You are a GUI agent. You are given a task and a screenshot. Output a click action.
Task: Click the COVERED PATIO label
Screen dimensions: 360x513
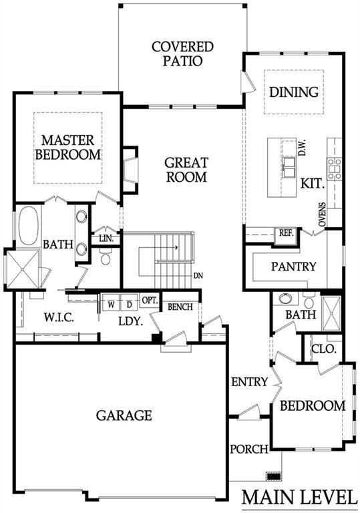(x=182, y=53)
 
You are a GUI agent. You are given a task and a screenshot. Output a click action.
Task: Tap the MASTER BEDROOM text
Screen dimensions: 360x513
(x=67, y=147)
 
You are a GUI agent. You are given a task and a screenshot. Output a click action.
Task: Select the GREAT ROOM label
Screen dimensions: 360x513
(x=186, y=170)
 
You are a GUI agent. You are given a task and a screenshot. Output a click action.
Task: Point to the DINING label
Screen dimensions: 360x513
(x=294, y=92)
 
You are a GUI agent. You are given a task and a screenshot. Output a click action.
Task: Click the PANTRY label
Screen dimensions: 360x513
(x=294, y=267)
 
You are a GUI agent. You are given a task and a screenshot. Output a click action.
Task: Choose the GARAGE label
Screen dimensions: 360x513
(x=124, y=415)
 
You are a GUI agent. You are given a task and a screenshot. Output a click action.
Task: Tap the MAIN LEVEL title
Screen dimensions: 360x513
(x=299, y=497)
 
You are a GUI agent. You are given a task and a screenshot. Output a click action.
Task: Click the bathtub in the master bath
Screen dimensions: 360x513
(x=29, y=225)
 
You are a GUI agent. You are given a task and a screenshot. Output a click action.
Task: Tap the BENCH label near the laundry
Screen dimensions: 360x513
(x=180, y=307)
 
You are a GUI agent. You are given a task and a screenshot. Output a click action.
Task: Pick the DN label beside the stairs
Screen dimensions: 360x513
(x=198, y=276)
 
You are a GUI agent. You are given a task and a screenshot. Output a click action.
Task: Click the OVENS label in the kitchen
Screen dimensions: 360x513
(x=323, y=214)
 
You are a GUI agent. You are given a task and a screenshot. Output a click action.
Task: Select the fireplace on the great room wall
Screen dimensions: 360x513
(x=130, y=170)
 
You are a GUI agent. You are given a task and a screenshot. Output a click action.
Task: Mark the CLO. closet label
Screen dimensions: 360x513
(x=324, y=349)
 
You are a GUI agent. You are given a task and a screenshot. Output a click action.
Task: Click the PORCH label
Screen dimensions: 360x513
(x=249, y=449)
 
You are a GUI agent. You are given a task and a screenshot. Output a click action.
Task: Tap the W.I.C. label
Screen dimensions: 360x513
(x=59, y=317)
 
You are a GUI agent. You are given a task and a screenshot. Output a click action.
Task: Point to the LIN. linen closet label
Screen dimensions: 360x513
(x=106, y=238)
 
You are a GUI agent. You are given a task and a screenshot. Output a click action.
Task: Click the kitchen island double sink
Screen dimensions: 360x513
(x=289, y=166)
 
